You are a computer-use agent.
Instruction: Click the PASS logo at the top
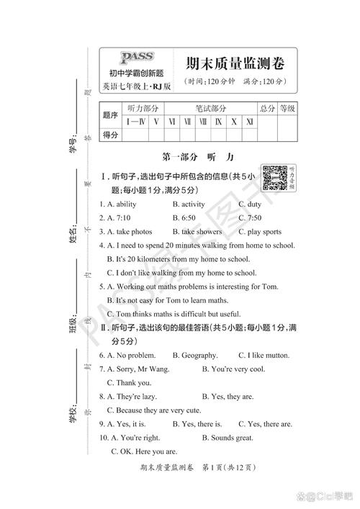pyautogui.click(x=136, y=58)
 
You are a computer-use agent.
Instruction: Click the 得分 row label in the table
pyautogui.click(x=111, y=135)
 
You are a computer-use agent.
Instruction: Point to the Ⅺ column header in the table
pyautogui.click(x=248, y=122)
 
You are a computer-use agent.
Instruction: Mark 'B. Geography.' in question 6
pyautogui.click(x=195, y=355)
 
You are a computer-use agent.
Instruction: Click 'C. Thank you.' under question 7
pyautogui.click(x=129, y=382)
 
